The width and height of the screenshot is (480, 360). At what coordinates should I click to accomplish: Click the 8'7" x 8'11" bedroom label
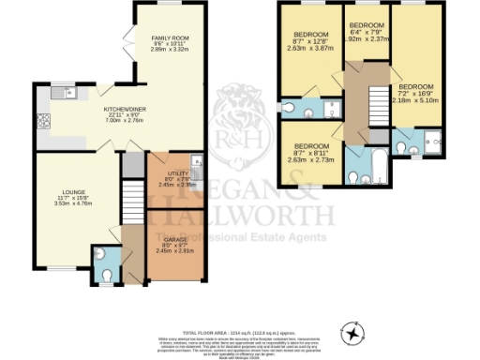point(310,152)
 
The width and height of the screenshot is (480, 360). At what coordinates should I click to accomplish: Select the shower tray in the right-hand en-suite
point(431,142)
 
